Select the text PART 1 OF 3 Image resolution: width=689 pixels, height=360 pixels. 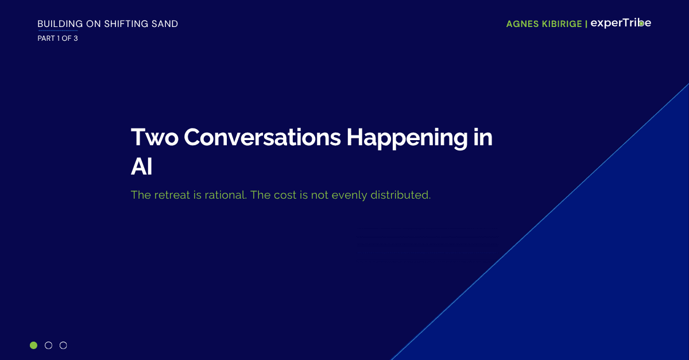click(57, 38)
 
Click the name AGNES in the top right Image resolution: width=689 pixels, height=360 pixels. click(523, 24)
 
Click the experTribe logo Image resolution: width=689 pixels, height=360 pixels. click(621, 23)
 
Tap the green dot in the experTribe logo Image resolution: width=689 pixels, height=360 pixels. click(641, 24)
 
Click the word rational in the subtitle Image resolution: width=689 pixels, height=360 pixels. click(226, 195)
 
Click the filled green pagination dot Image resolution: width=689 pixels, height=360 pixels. click(33, 345)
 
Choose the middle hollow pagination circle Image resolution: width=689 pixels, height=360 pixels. click(48, 345)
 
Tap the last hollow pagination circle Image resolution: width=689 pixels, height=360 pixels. click(63, 345)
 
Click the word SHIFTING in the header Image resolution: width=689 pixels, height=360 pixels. click(123, 24)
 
